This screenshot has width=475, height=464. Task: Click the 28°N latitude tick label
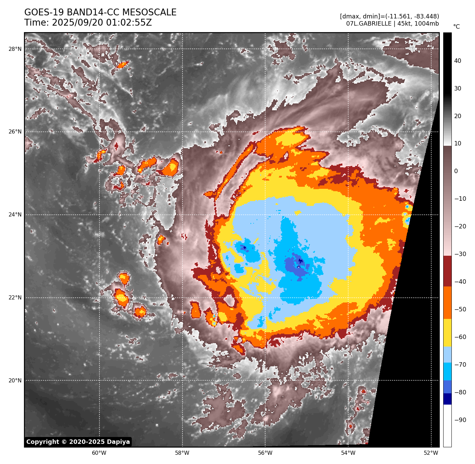(15, 49)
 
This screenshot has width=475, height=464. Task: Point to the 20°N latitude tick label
(15, 381)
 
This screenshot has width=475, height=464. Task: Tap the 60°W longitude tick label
(99, 453)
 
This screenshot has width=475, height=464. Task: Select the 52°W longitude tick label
(431, 453)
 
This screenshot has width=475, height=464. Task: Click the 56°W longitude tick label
(265, 453)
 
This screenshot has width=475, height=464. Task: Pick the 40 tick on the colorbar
(458, 61)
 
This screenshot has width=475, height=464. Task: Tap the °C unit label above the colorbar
(456, 27)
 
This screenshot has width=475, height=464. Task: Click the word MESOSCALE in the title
(149, 13)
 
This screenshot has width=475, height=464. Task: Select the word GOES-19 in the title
(44, 13)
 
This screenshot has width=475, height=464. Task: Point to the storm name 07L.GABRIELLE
(369, 24)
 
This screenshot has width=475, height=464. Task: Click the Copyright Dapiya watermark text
(78, 442)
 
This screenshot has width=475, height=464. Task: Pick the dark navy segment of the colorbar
(447, 399)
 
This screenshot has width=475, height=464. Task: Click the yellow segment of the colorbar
(447, 333)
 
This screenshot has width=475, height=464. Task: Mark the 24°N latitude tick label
(15, 215)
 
